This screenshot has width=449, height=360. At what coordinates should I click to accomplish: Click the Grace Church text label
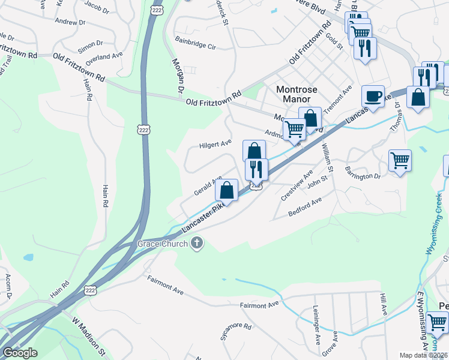pyautogui.click(x=162, y=244)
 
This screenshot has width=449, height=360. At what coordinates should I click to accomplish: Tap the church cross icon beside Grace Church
pyautogui.click(x=196, y=243)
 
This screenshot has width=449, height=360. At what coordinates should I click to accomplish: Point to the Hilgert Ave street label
pyautogui.click(x=215, y=145)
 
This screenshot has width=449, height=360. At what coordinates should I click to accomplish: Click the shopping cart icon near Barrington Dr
pyautogui.click(x=400, y=161)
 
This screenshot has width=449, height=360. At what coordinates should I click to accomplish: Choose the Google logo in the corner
pyautogui.click(x=20, y=353)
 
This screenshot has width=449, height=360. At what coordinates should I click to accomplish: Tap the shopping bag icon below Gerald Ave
pyautogui.click(x=227, y=191)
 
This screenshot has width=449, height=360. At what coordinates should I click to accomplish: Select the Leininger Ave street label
pyautogui.click(x=316, y=325)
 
